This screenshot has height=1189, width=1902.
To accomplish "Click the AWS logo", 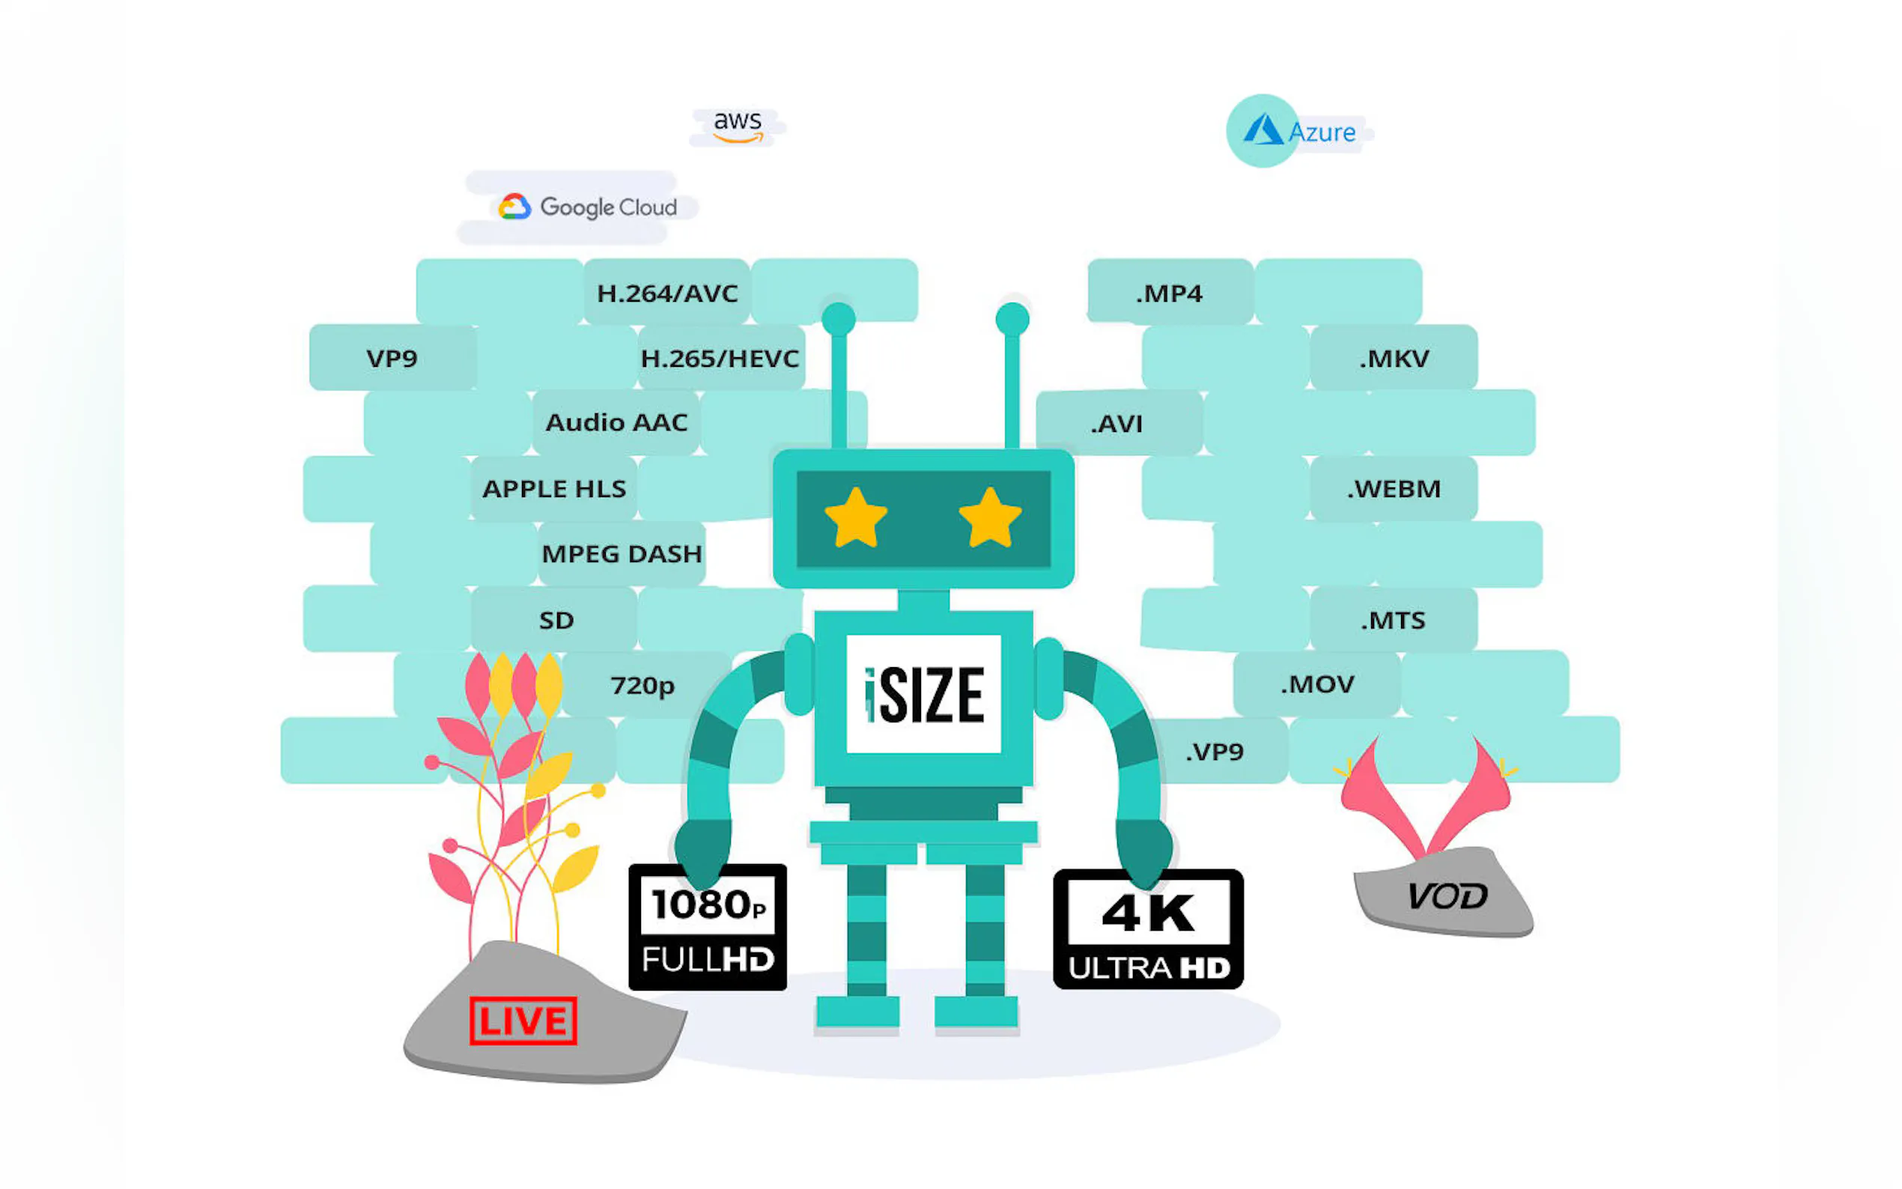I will point(738,126).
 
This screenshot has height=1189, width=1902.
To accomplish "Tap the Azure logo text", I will point(1322,132).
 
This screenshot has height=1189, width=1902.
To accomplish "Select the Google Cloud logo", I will point(588,207).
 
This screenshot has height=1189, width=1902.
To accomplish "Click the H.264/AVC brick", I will point(666,294).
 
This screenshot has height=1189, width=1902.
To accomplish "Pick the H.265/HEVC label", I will point(720,359).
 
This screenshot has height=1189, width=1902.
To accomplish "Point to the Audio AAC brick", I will point(616,422).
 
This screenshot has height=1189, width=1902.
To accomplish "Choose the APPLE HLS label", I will point(554,488).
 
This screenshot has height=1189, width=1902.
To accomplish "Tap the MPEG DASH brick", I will point(622,553).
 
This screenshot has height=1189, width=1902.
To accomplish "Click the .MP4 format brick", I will point(1169,294).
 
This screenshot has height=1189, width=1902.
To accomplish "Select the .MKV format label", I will point(1394,359).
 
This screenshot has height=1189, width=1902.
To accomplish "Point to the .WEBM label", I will point(1394,488).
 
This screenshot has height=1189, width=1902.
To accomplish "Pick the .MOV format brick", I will point(1317,684).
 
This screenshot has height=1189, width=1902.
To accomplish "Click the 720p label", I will point(642,685).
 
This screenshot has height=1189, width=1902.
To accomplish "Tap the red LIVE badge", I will point(523,1021).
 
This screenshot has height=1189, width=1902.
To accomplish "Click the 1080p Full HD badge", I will point(708,927).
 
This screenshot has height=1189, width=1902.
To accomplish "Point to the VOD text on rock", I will point(1447,895).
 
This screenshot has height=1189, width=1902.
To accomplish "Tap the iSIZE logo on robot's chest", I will point(923,694).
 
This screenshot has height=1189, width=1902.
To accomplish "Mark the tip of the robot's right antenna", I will point(1012,318).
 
